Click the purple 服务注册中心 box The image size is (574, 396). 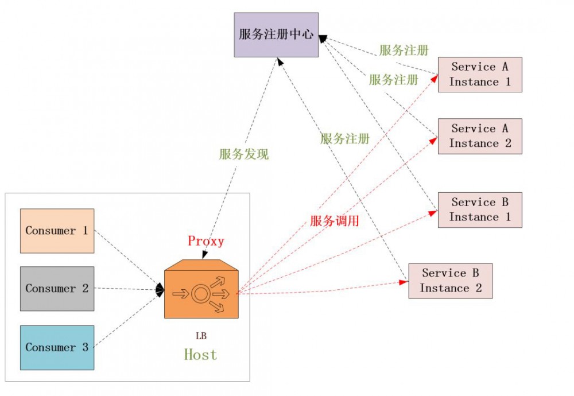(276, 35)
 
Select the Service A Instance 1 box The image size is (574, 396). (480, 75)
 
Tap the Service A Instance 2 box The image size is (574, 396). (480, 137)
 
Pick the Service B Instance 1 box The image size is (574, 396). (480, 210)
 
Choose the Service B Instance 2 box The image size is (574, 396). (451, 281)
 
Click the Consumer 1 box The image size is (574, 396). (57, 231)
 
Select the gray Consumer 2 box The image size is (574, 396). (57, 289)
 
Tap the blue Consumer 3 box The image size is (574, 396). (57, 348)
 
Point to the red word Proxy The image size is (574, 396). (205, 241)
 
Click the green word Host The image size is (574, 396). (200, 355)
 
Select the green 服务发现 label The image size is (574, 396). (243, 154)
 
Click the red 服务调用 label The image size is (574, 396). (334, 221)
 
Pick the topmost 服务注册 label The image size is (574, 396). (404, 51)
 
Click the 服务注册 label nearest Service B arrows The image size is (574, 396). (344, 138)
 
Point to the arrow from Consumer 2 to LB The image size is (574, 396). (126, 289)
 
